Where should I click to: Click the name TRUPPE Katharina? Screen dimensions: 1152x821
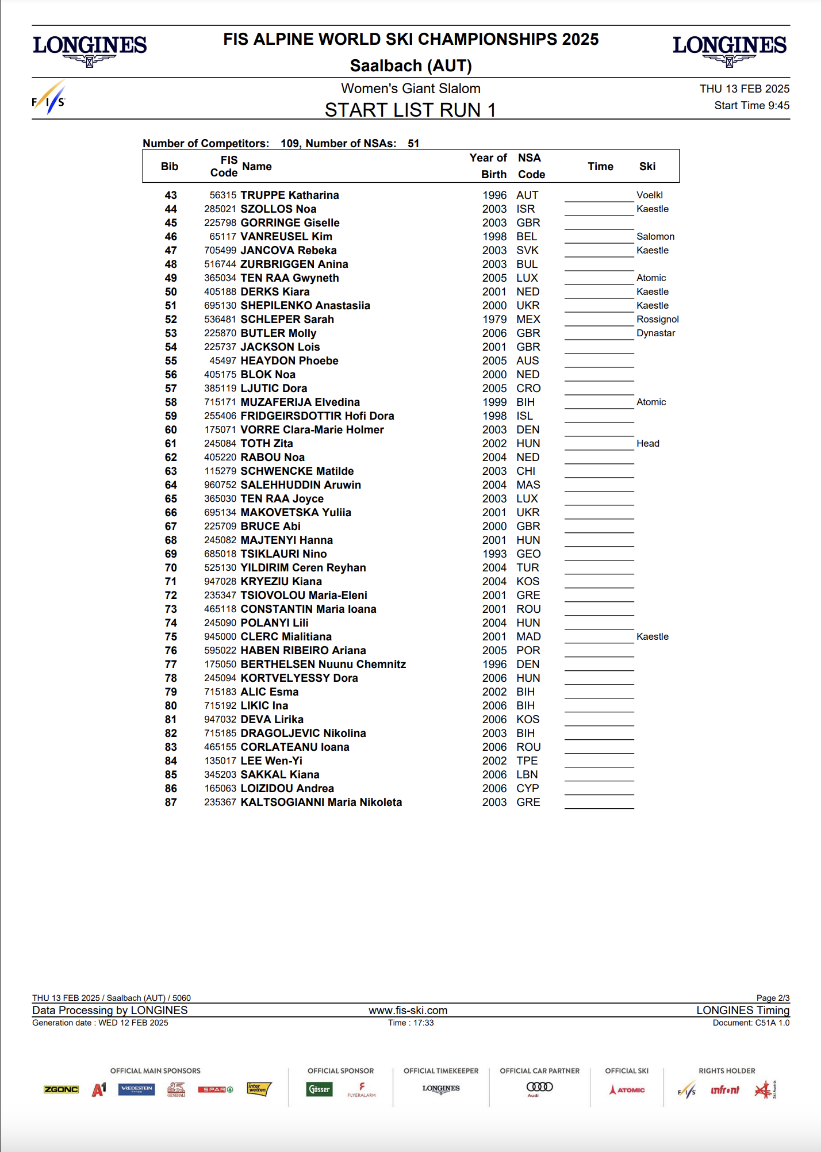[x=289, y=195]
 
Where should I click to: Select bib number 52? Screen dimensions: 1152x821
[x=171, y=320]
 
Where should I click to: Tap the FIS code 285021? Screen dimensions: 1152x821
[x=220, y=209]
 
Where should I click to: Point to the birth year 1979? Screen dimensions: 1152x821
[x=494, y=320]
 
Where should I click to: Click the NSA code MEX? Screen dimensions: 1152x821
[x=528, y=320]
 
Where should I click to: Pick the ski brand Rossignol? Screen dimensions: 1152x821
[x=657, y=320]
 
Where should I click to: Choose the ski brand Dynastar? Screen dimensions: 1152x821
[x=655, y=333]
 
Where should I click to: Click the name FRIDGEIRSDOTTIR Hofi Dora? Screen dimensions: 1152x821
[x=317, y=416]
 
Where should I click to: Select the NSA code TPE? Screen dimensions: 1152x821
[x=527, y=761]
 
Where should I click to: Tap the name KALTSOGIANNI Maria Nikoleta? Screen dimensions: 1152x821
[x=321, y=802]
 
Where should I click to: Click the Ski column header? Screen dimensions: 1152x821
[x=647, y=167]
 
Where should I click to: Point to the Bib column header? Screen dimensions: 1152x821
[x=170, y=167]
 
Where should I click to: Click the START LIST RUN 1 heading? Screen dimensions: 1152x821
[x=410, y=110]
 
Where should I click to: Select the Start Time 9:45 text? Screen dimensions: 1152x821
[x=751, y=106]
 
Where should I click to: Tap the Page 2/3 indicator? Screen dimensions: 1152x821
[x=773, y=998]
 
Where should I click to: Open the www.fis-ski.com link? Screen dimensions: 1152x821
[x=408, y=1011]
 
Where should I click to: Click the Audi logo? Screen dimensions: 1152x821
[x=539, y=1088]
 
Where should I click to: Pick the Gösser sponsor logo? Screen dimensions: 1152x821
[x=320, y=1089]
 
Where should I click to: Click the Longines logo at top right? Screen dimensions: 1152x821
[x=729, y=49]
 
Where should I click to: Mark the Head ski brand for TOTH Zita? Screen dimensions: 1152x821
[x=647, y=444]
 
